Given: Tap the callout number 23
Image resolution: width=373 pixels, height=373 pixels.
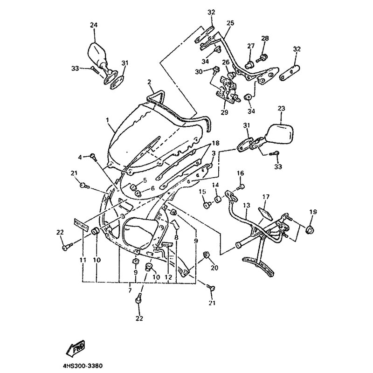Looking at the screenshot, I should pyautogui.click(x=281, y=109).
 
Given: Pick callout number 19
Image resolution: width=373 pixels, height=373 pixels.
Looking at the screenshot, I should pyautogui.click(x=313, y=212).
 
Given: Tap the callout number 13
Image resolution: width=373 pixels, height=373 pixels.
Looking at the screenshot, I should pyautogui.click(x=246, y=205).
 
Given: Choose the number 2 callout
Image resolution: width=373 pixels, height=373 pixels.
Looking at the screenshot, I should pyautogui.click(x=150, y=82).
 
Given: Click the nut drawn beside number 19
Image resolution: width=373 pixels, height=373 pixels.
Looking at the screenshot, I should pyautogui.click(x=310, y=229).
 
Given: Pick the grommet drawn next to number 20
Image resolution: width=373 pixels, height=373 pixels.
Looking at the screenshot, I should pyautogui.click(x=206, y=255).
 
